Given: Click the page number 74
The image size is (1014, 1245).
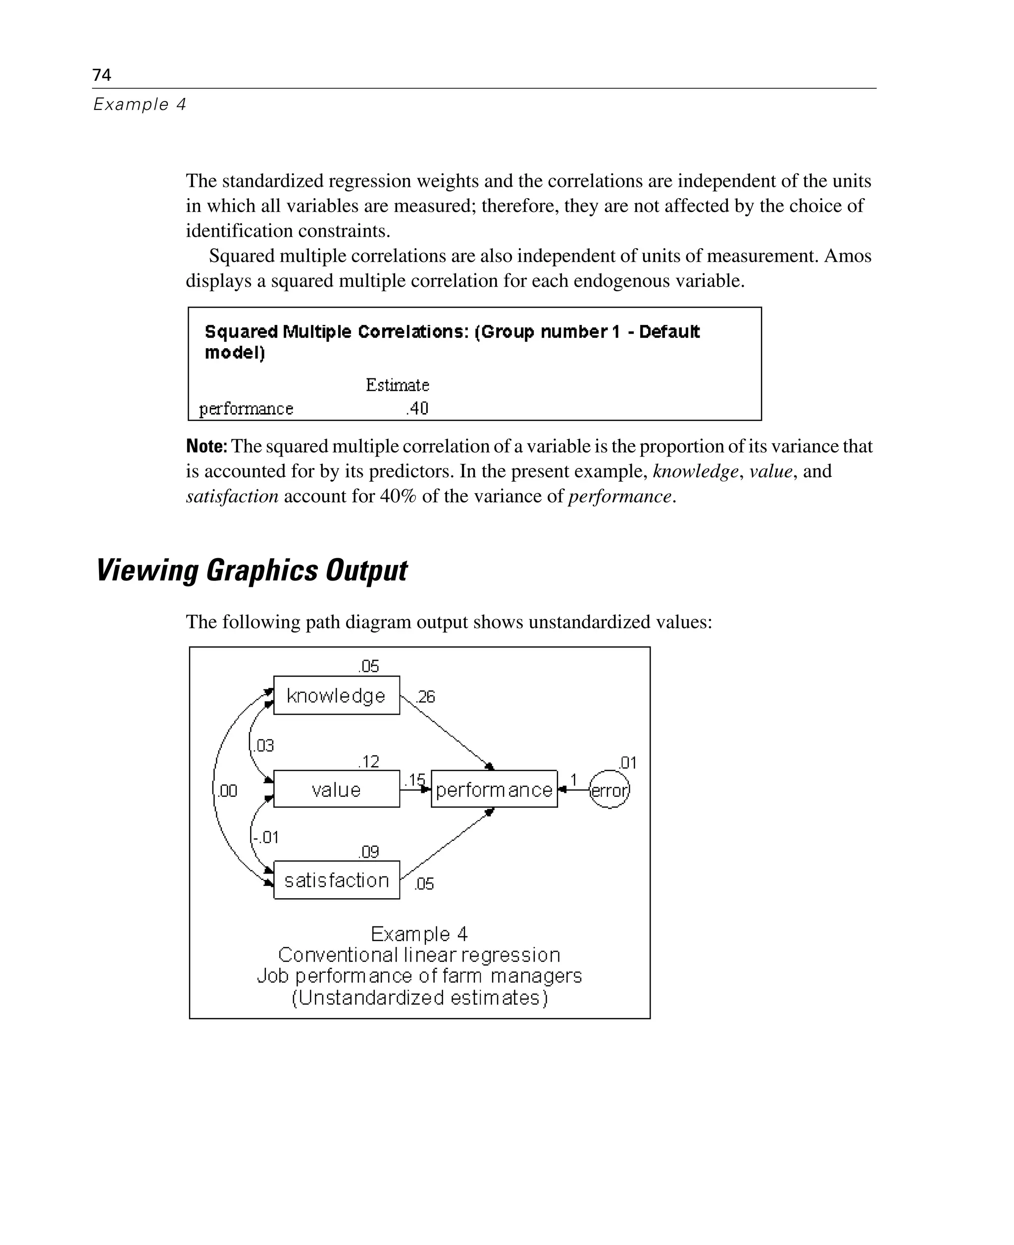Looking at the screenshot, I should coord(101,75).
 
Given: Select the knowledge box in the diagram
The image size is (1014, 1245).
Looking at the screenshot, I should coord(337,695).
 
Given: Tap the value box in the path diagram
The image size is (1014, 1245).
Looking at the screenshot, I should coord(337,789).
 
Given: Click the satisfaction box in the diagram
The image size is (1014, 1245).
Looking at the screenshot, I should coord(337,880).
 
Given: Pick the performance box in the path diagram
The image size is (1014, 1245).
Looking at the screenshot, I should coord(494,789).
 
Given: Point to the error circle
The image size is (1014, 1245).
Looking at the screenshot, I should coord(609,790).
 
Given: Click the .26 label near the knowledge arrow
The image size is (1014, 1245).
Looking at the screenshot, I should coord(426,696).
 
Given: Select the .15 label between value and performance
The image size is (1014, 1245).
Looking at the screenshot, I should coord(415,779).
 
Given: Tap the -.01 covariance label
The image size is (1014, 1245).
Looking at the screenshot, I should coord(266,837).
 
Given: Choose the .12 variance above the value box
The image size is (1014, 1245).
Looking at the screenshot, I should coord(369,761).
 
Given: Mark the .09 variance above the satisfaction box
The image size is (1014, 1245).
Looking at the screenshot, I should coord(369,852).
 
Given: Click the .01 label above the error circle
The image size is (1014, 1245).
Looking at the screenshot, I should coord(628,763).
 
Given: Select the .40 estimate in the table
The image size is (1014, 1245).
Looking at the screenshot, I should coord(418,409).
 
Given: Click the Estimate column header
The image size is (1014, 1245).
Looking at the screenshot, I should coord(397,385).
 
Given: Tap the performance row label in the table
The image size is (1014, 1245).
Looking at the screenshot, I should coord(246,409).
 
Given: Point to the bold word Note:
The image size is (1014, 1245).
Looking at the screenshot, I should coord(206,446).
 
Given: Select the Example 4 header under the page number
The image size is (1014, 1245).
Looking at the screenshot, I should coord(140,104).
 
